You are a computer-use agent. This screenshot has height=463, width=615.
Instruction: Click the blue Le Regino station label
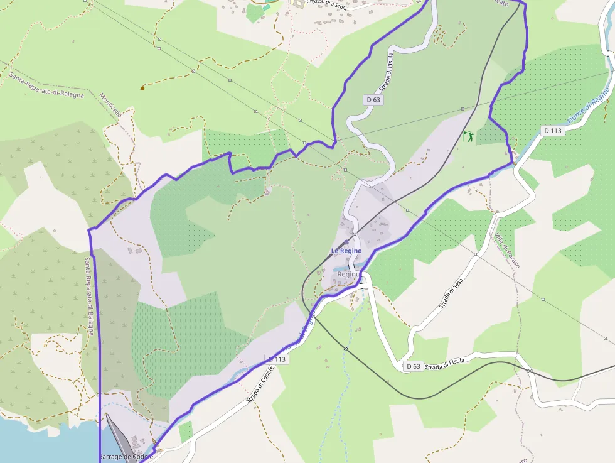click(x=346, y=251)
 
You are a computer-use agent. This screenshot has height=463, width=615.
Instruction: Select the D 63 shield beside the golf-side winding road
click(x=373, y=99)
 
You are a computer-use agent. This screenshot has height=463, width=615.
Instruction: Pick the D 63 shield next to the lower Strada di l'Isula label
click(x=412, y=366)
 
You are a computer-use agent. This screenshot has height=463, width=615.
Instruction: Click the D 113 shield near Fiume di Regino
click(x=552, y=131)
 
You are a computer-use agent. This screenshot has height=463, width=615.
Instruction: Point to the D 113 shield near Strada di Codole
click(x=277, y=359)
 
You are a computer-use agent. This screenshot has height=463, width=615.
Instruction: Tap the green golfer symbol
click(x=468, y=136)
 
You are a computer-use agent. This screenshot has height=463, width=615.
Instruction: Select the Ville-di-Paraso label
click(x=507, y=251)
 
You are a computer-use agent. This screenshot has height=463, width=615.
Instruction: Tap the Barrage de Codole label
click(x=126, y=457)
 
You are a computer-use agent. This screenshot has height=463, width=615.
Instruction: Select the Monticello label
click(x=110, y=106)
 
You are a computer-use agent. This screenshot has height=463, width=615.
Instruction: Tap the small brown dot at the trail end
click(x=142, y=88)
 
